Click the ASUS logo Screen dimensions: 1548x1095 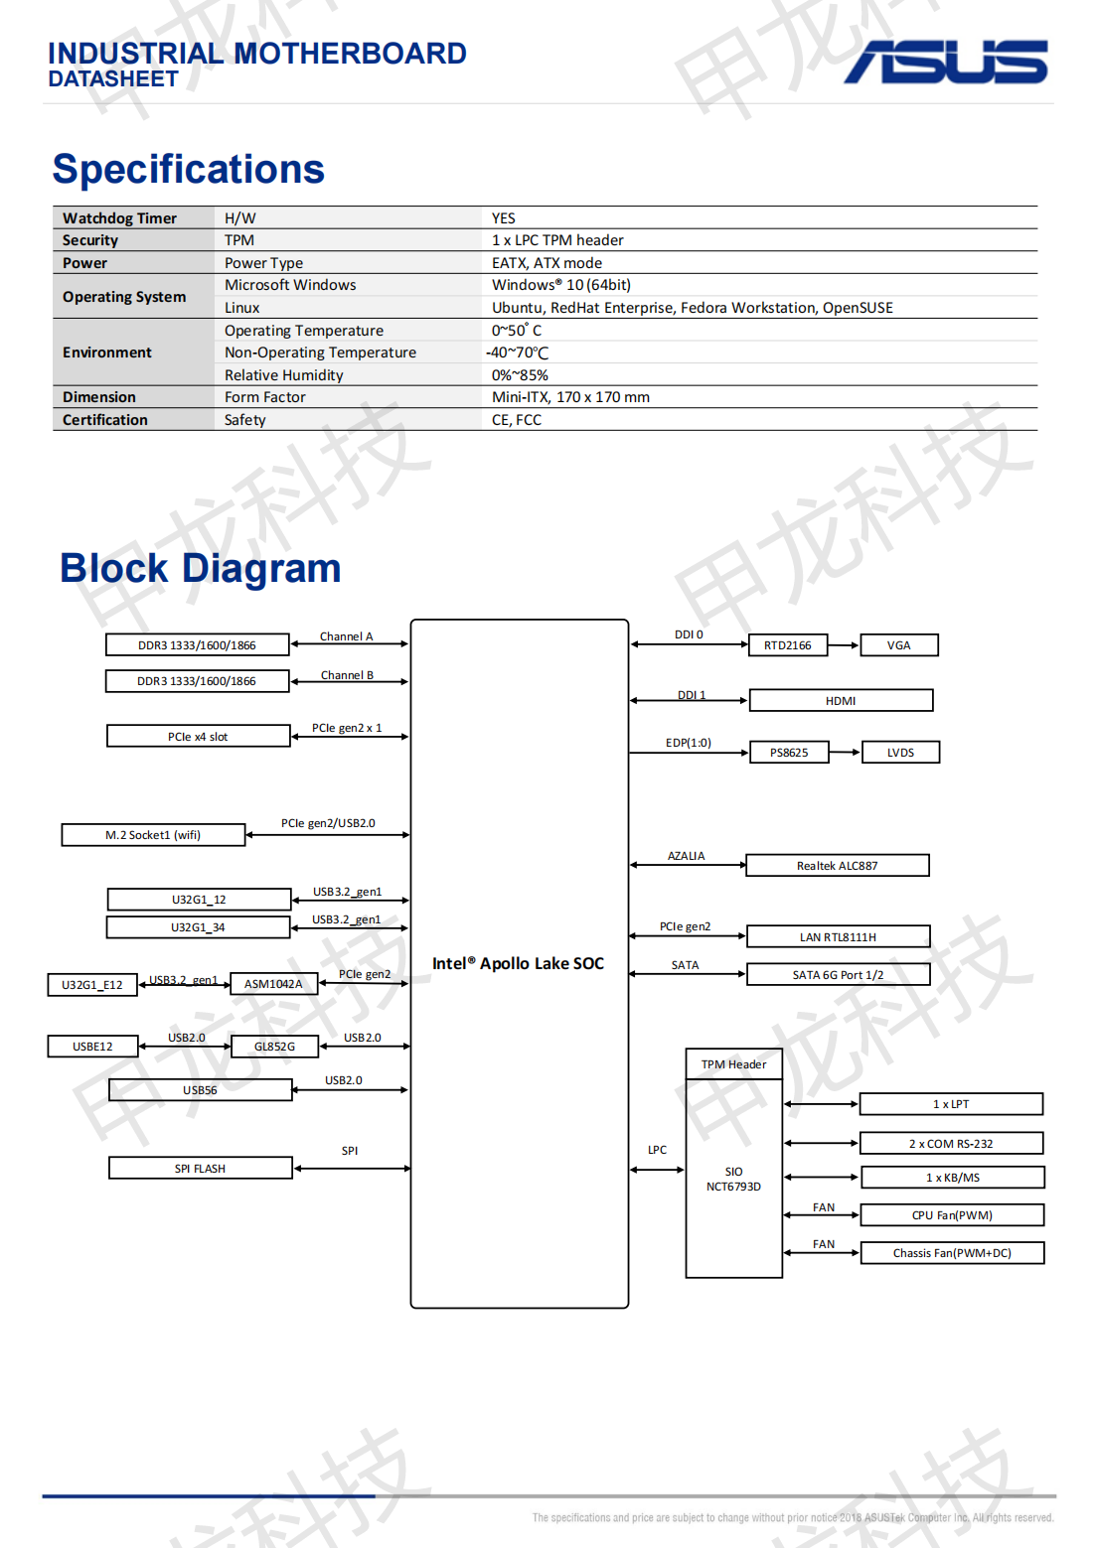click(946, 63)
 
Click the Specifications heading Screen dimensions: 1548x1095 click(188, 169)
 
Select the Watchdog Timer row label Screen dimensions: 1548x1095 click(119, 218)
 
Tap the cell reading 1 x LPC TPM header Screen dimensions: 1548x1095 click(557, 240)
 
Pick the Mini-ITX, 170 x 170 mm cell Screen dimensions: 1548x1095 click(570, 397)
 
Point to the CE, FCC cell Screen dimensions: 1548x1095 click(517, 420)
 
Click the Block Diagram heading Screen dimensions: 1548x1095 click(200, 568)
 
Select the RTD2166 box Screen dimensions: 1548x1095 click(787, 645)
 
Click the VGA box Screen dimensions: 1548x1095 click(898, 645)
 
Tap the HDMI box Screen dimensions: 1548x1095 click(841, 701)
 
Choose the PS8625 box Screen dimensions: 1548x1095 click(789, 753)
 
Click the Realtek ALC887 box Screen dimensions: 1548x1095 click(837, 866)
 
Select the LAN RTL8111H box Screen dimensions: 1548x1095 click(838, 937)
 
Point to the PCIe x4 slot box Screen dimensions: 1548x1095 click(198, 737)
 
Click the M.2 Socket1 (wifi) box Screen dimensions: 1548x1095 click(153, 835)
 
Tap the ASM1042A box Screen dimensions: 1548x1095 click(273, 984)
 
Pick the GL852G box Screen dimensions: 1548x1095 click(274, 1047)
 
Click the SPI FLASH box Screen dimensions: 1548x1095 click(200, 1169)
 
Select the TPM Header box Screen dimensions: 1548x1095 click(733, 1064)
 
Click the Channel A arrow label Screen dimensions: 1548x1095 click(346, 636)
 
